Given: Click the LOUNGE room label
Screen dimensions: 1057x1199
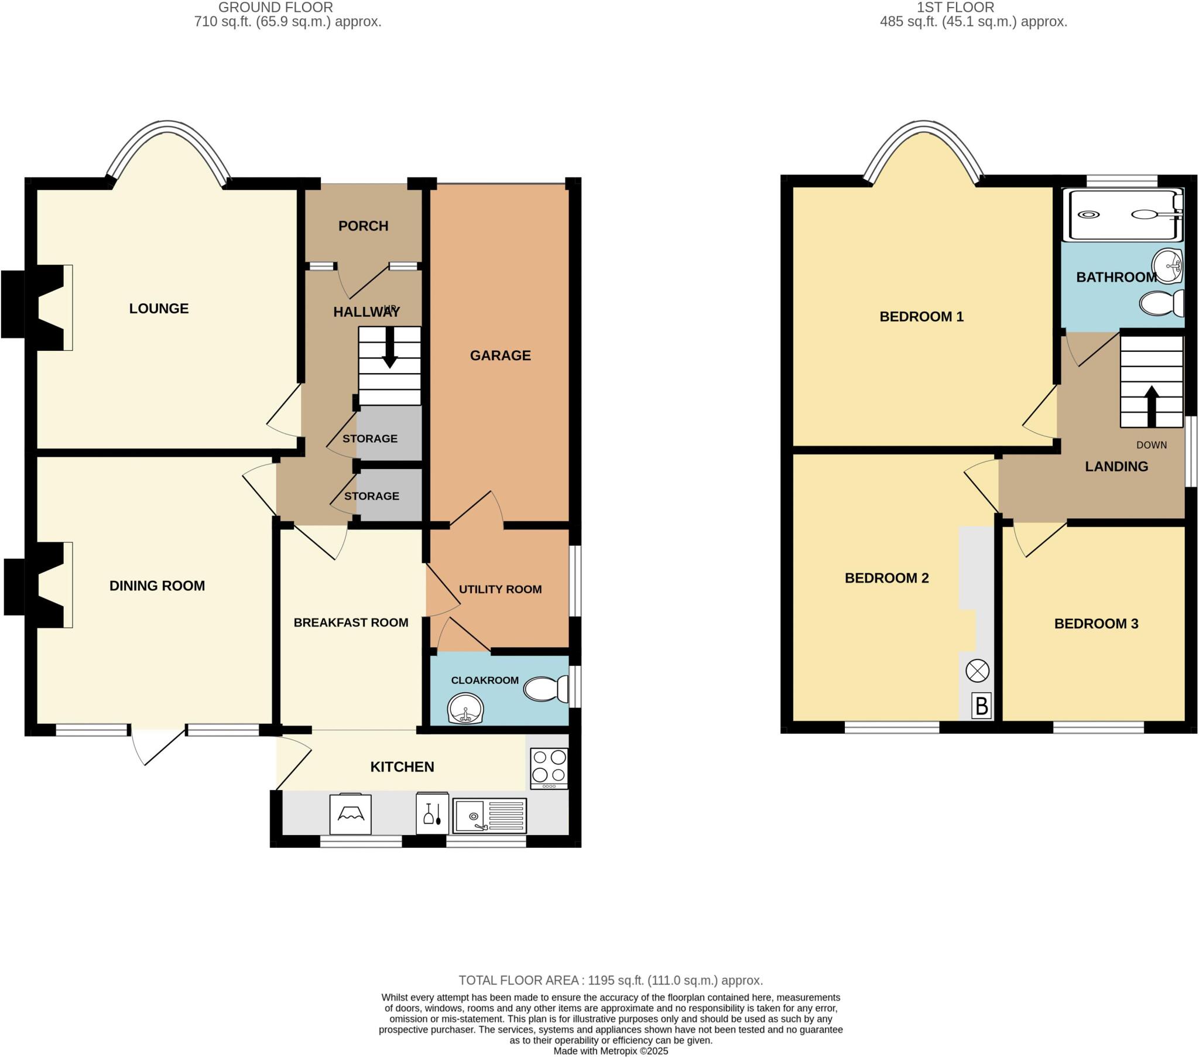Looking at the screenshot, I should click(x=159, y=309).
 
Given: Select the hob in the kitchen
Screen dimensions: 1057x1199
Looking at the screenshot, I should click(x=549, y=768).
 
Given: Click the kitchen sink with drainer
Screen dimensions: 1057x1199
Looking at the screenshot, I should click(x=489, y=815).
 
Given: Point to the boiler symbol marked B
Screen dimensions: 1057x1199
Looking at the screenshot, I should click(x=981, y=706).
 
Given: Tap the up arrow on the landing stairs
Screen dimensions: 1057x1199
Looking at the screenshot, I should click(x=1152, y=406).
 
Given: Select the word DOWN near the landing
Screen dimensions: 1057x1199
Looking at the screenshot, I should click(x=1152, y=445).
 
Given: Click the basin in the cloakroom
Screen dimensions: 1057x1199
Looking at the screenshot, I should click(x=465, y=709).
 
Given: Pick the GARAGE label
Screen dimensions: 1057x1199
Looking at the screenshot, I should click(x=500, y=355).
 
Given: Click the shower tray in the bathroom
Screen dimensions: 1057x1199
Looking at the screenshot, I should click(x=1122, y=215).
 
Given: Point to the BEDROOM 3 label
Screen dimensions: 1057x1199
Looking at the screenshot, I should click(x=1096, y=624).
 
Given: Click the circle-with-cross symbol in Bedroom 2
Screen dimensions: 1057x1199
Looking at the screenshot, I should click(x=977, y=671).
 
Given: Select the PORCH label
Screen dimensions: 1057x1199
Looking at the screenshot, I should click(x=363, y=226).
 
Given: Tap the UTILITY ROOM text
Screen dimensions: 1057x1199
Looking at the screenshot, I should click(x=500, y=589).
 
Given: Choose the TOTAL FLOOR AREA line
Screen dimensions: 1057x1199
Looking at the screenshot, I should click(x=610, y=980).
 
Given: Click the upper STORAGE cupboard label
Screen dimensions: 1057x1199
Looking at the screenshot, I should click(x=369, y=439).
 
